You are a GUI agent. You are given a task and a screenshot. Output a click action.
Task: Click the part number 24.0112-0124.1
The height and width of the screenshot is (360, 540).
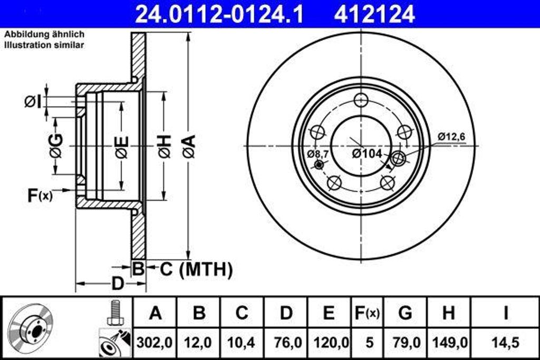(219, 14)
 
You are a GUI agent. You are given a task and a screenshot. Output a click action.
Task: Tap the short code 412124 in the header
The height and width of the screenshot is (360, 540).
(374, 14)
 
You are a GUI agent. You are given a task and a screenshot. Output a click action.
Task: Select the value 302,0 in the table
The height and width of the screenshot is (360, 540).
(155, 342)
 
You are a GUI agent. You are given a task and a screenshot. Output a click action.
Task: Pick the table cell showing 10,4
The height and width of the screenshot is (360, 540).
(242, 342)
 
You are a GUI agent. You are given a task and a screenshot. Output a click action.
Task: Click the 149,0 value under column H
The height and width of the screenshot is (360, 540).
(448, 342)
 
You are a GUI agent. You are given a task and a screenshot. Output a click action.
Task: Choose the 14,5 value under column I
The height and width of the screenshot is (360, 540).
(505, 342)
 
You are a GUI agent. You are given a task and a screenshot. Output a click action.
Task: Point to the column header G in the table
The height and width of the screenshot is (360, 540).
(405, 313)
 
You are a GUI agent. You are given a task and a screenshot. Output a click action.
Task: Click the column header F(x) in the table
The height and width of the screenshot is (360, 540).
(366, 313)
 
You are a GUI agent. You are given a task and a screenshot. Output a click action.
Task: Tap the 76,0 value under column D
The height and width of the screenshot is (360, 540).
(286, 342)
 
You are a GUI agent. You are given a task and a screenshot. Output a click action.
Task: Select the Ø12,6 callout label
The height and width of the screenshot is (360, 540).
(451, 137)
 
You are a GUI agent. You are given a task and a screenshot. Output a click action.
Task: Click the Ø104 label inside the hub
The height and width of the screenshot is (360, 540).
(367, 153)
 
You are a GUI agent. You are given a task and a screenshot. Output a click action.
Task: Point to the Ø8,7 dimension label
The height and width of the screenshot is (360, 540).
(318, 154)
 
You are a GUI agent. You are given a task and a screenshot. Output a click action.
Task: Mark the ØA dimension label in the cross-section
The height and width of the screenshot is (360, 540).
(189, 146)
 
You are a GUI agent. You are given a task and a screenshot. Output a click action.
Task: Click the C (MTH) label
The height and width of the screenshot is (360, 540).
(196, 270)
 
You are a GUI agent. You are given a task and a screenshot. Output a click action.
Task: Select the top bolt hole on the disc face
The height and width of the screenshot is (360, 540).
(361, 100)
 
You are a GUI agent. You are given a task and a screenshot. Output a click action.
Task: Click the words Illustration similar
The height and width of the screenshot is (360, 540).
(44, 45)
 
